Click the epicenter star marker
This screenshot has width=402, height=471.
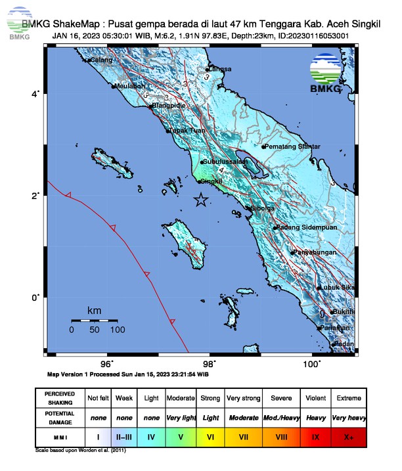pyautogui.click(x=201, y=200)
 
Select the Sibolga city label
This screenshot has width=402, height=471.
pyautogui.click(x=259, y=208)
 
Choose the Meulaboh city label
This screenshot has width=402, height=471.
pyautogui.click(x=130, y=85)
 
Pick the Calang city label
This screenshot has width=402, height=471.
pyautogui.click(x=101, y=60)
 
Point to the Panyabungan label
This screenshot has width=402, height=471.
pyautogui.click(x=317, y=253)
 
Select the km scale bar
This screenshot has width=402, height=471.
pyautogui.click(x=95, y=320)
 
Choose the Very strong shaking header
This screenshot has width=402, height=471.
pyautogui.click(x=244, y=398)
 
